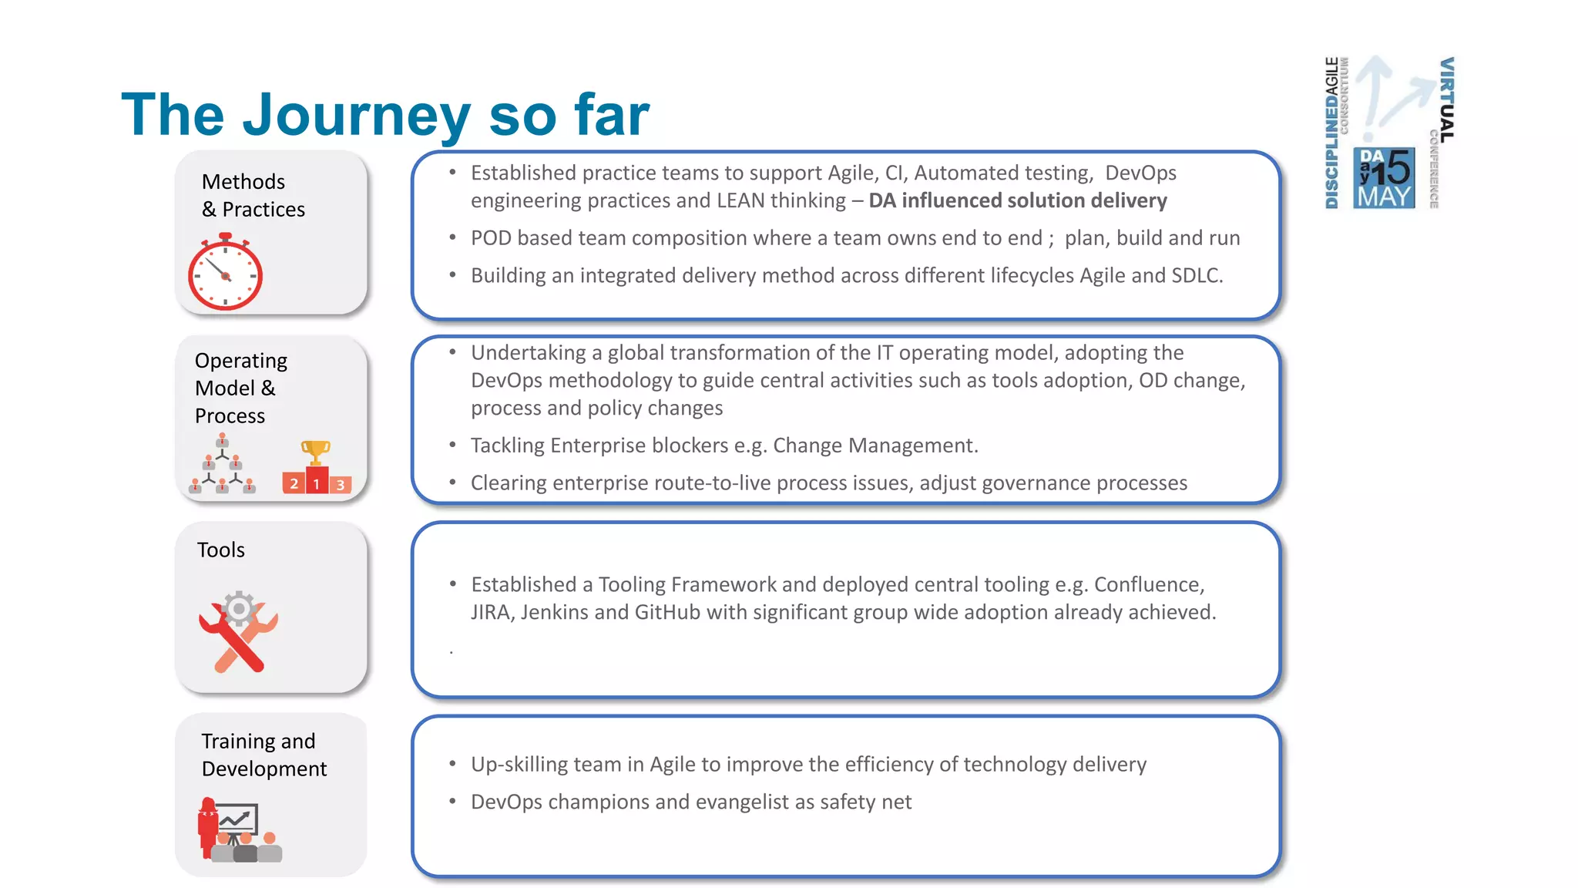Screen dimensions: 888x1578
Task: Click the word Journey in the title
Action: (356, 116)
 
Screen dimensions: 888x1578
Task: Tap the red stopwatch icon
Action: (225, 273)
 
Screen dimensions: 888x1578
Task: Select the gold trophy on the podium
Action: (315, 452)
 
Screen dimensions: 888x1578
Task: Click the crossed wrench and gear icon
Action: (238, 631)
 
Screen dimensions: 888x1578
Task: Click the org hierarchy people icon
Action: (222, 464)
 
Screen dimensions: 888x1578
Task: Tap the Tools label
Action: (220, 550)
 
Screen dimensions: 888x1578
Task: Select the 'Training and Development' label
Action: (264, 755)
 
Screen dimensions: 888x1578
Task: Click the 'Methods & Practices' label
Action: (253, 196)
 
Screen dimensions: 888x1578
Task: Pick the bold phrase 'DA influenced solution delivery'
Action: (1017, 200)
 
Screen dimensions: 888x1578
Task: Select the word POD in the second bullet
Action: (491, 238)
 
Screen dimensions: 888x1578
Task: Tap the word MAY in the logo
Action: (1385, 197)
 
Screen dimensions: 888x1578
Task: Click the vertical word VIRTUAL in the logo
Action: (1447, 100)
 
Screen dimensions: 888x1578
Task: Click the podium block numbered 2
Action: (294, 483)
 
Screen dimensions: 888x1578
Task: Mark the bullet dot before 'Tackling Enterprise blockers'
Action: (453, 445)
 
